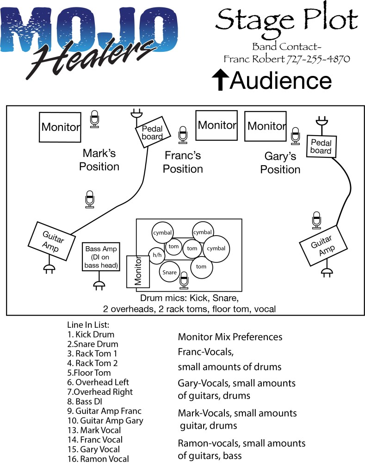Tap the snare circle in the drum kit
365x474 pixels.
[169, 272]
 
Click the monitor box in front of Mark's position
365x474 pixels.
[60, 126]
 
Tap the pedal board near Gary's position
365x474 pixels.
[321, 147]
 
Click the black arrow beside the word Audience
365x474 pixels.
[220, 80]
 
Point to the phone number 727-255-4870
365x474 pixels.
[318, 59]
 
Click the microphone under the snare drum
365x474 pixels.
[184, 280]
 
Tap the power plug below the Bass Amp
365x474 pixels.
[98, 286]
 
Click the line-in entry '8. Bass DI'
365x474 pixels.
[85, 401]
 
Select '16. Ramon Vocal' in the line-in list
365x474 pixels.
[98, 459]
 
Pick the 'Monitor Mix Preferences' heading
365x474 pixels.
[230, 337]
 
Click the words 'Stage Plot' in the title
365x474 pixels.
[286, 20]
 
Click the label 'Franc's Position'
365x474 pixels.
[183, 162]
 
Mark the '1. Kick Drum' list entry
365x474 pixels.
[91, 334]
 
